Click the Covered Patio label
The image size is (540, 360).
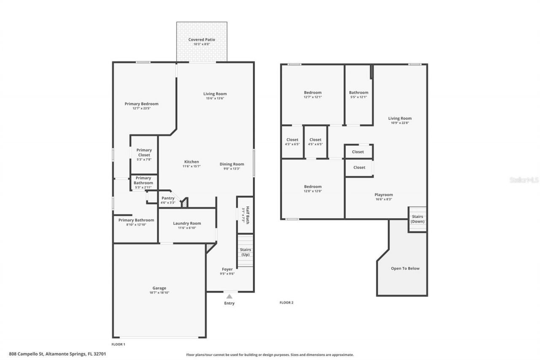(x=202, y=40)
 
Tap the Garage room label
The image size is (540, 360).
(x=159, y=288)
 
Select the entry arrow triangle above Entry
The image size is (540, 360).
(x=229, y=296)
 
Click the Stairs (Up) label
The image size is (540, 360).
(x=245, y=252)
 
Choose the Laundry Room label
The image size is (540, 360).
(x=187, y=223)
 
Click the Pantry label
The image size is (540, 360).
(x=168, y=198)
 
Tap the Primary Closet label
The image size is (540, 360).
(x=144, y=152)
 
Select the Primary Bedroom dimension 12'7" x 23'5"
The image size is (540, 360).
(x=141, y=108)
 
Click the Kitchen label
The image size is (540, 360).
(x=192, y=162)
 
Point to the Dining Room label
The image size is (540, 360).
(x=232, y=164)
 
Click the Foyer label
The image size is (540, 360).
(x=227, y=269)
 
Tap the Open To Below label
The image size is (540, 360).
(x=405, y=268)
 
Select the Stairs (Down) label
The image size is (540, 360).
(x=417, y=219)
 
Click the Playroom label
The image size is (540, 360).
(x=383, y=195)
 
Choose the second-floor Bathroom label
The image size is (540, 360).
(x=359, y=92)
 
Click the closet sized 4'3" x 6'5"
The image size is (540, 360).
(x=292, y=142)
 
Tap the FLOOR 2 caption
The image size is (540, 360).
(x=286, y=302)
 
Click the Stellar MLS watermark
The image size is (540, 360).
(x=524, y=180)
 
